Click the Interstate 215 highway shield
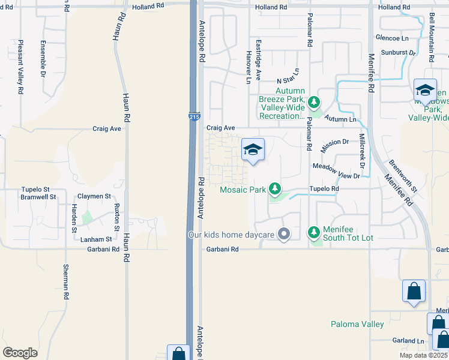(x=194, y=116)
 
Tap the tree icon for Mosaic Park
(x=275, y=189)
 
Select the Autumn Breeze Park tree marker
(x=313, y=103)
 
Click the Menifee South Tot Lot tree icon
(x=313, y=232)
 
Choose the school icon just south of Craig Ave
(x=253, y=149)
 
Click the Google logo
(x=20, y=352)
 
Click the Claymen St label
(x=95, y=196)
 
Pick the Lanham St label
(x=96, y=239)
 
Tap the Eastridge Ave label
(x=259, y=60)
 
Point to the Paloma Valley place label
(x=357, y=325)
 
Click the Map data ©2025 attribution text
(x=423, y=355)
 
